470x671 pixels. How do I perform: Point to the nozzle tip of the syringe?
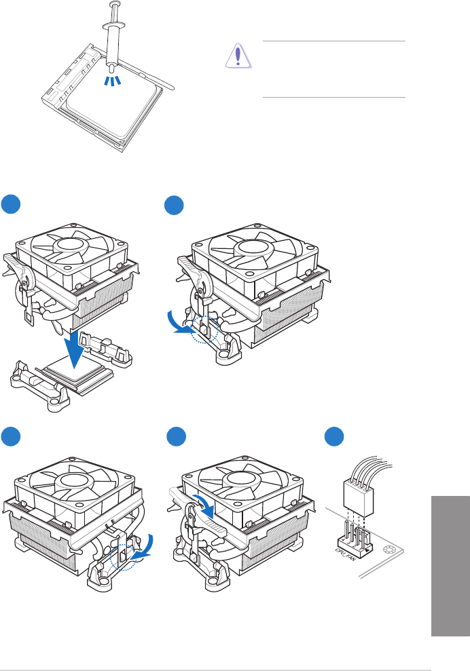111,68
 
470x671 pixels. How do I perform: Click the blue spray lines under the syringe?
111,81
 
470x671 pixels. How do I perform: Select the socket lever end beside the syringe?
170,87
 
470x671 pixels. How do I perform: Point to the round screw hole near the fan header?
391,552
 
